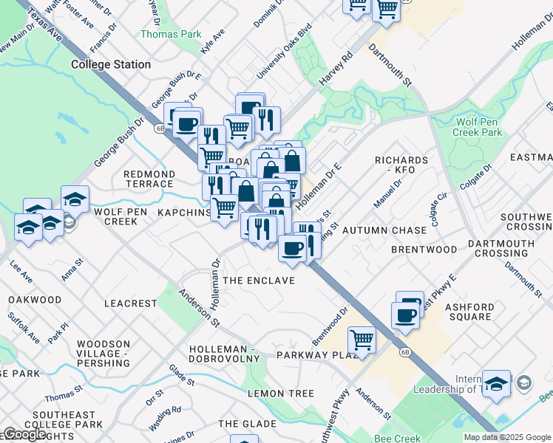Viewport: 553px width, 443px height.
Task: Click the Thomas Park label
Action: tap(160, 34)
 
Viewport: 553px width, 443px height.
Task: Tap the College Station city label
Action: tap(111, 64)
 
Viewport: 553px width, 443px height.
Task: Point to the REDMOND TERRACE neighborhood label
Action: tap(149, 179)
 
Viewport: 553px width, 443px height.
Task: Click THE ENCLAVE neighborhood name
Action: tap(259, 281)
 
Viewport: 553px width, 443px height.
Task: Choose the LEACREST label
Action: tap(131, 303)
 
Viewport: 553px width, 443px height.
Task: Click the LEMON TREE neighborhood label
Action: tap(281, 394)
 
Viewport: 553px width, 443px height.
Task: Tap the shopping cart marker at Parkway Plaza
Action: tap(362, 340)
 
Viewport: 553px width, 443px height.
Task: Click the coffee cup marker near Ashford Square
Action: tap(405, 315)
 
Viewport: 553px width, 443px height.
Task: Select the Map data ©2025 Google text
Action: tap(506, 437)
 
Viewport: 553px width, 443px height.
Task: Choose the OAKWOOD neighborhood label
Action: tap(35, 300)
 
